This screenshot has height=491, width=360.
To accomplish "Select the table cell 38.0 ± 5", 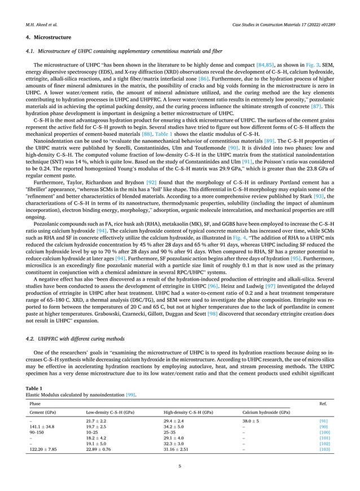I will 251,421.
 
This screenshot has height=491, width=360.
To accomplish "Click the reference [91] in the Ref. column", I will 324,421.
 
